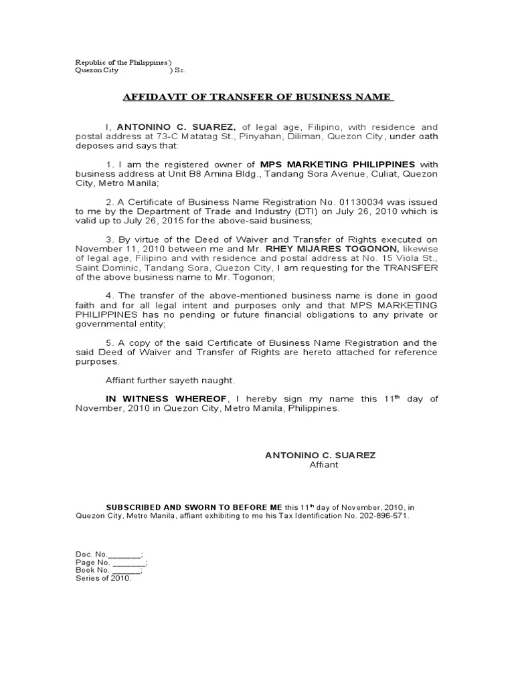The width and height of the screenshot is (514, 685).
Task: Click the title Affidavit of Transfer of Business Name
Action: pyautogui.click(x=258, y=97)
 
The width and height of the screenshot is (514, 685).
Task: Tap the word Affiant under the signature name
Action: pyautogui.click(x=323, y=465)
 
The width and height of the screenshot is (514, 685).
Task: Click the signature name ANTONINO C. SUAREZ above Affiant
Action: pyautogui.click(x=321, y=455)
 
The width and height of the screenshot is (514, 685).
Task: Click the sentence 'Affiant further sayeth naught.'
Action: pyautogui.click(x=171, y=380)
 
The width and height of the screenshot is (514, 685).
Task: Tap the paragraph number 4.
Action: pyautogui.click(x=109, y=296)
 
